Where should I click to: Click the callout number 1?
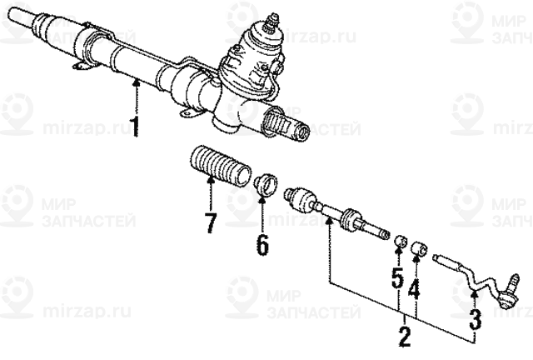click(x=136, y=127)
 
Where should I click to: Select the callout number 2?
click(x=405, y=337)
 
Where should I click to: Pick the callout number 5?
click(x=398, y=278)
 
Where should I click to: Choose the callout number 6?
click(x=262, y=243)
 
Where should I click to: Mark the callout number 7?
click(x=211, y=222)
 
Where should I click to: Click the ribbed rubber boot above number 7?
click(x=220, y=167)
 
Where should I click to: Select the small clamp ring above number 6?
click(x=266, y=184)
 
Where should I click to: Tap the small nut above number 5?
click(x=400, y=241)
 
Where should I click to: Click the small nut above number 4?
click(x=420, y=248)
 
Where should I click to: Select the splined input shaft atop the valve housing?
click(x=272, y=22)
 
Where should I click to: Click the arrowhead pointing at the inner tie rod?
click(x=329, y=222)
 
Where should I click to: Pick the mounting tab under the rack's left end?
click(x=82, y=67)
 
